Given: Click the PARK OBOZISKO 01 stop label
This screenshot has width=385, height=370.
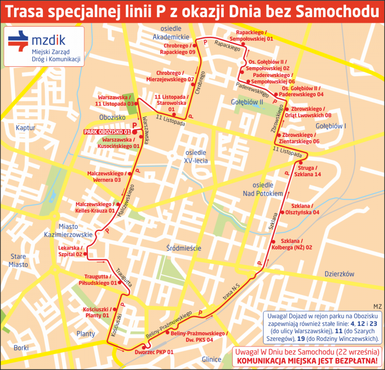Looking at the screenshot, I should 107,132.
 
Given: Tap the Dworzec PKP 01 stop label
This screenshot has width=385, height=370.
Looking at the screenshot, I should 154,352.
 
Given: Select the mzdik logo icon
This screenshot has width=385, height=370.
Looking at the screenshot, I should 18,41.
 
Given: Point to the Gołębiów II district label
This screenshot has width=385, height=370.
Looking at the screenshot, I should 247,102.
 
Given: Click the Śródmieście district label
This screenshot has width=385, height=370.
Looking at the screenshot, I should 184,248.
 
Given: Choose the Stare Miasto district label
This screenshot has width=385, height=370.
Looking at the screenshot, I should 18,260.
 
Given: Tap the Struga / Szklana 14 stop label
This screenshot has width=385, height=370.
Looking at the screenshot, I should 307,171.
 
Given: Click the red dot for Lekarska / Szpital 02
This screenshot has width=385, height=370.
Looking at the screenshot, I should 85,254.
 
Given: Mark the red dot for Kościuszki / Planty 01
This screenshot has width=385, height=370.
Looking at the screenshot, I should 115,309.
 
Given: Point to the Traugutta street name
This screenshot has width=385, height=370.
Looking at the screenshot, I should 124,277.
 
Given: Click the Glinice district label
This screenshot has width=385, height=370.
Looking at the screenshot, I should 211,359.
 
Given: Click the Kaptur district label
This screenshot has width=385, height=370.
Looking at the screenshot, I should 25,128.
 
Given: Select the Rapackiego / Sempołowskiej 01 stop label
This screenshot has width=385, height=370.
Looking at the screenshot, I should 251,36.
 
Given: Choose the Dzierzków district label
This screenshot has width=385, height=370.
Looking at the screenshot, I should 339,274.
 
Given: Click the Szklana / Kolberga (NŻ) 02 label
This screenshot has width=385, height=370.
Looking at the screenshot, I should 292,244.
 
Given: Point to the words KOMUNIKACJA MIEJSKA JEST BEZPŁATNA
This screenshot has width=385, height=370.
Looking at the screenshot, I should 307,361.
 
